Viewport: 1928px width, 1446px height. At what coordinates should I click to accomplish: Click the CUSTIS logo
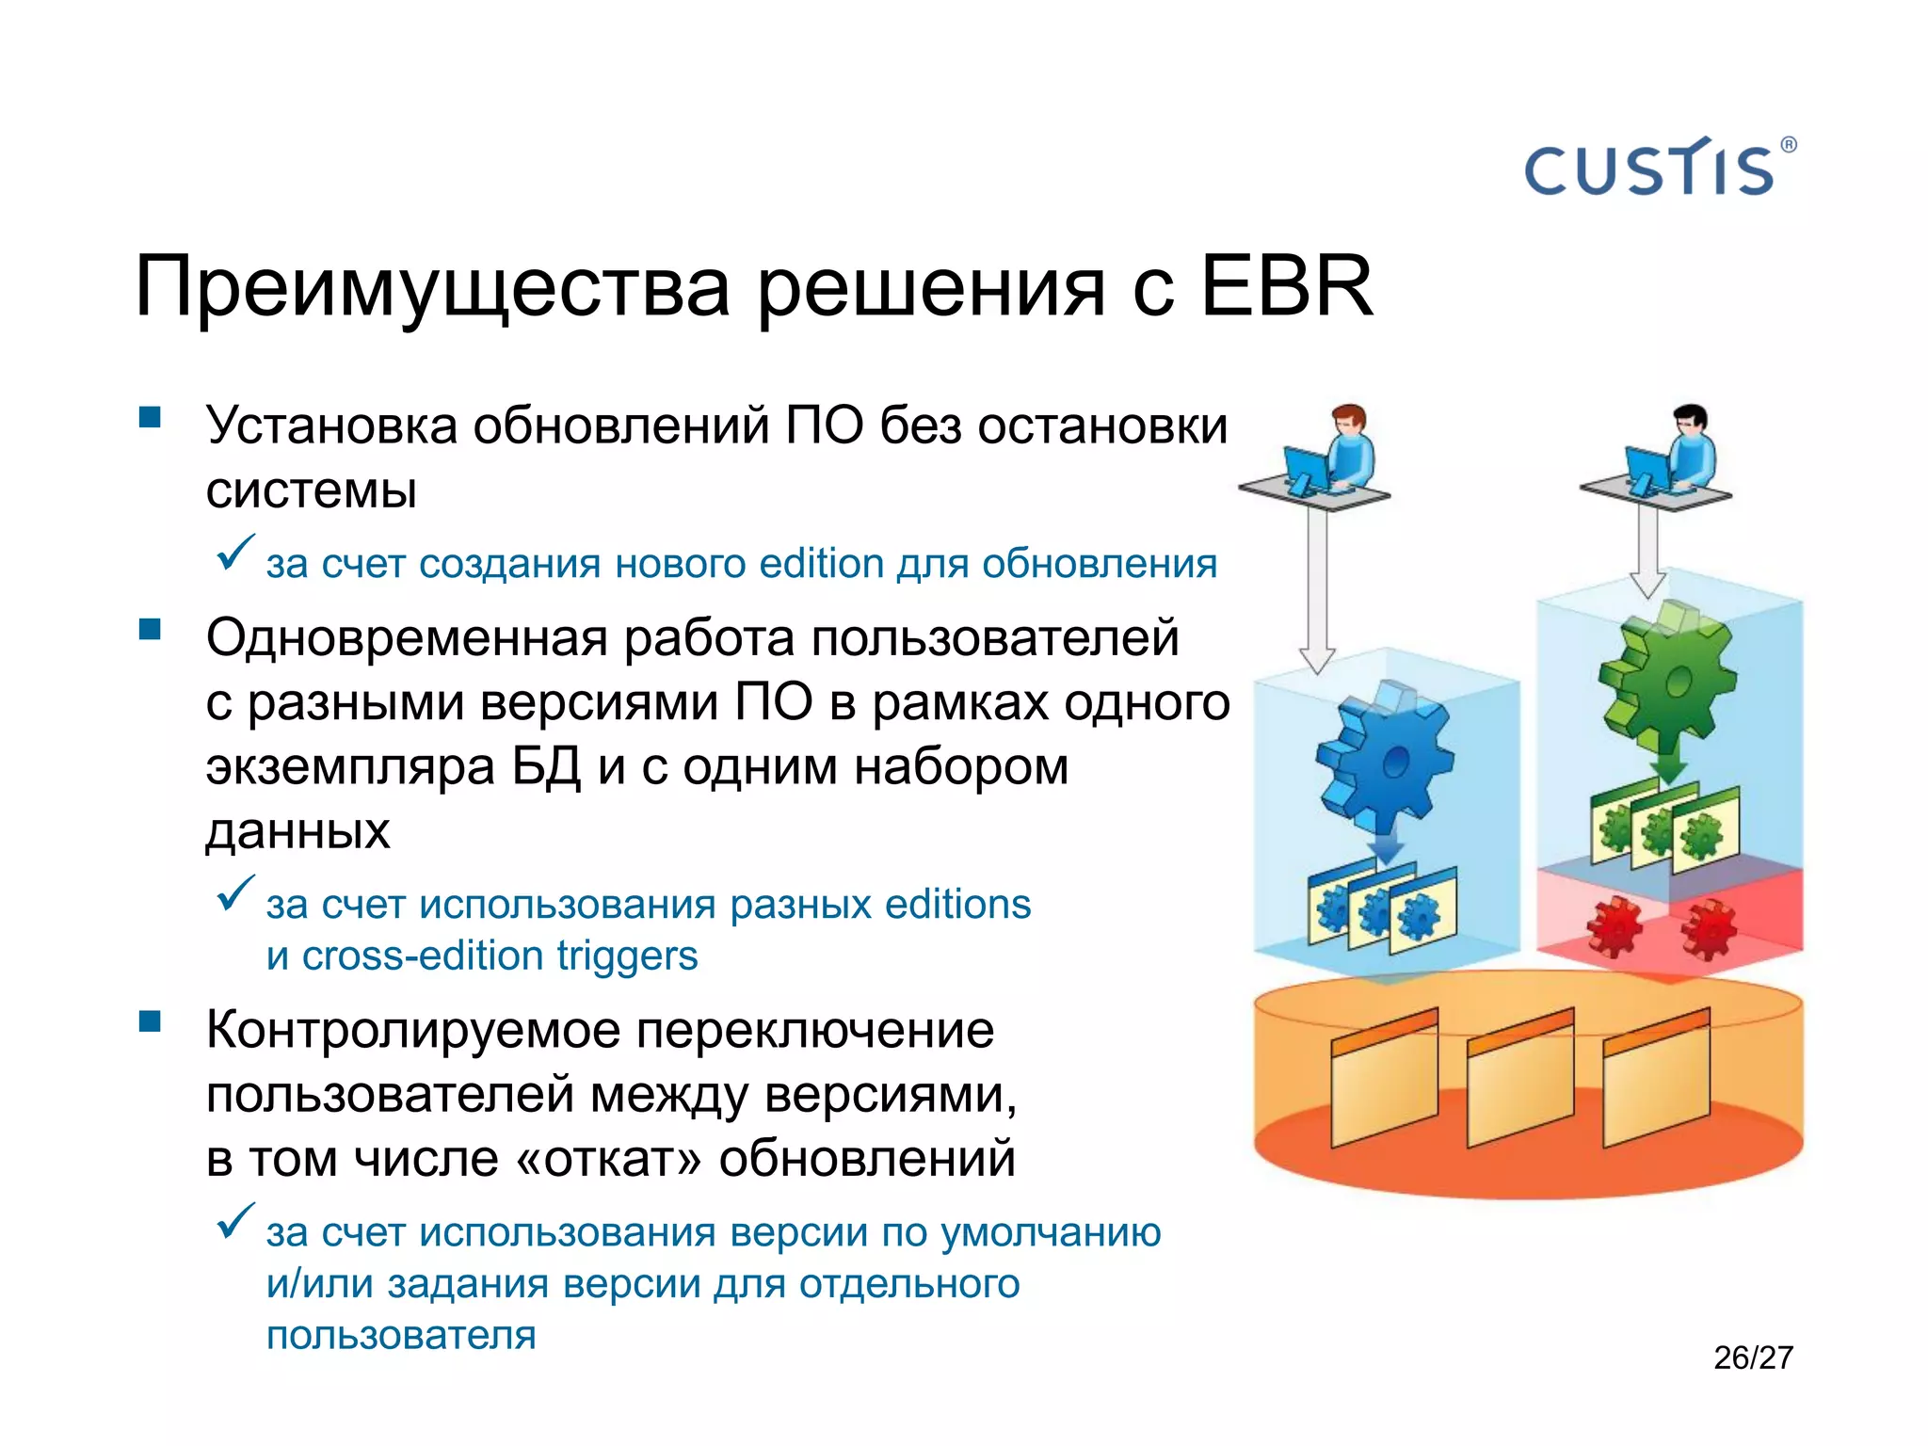click(1649, 169)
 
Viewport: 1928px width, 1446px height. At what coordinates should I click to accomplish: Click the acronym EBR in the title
click(1287, 286)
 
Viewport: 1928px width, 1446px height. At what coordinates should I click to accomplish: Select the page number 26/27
click(1753, 1358)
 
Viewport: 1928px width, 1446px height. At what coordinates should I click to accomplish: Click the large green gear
click(1666, 673)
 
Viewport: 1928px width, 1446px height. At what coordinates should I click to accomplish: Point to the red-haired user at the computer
click(1342, 452)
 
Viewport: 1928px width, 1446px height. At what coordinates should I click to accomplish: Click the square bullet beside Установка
click(150, 417)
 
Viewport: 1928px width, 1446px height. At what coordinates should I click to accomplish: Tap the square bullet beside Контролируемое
click(150, 1021)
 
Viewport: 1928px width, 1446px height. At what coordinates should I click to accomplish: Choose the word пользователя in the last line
click(401, 1336)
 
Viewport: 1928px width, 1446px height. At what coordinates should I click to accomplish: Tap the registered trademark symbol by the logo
click(1788, 145)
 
